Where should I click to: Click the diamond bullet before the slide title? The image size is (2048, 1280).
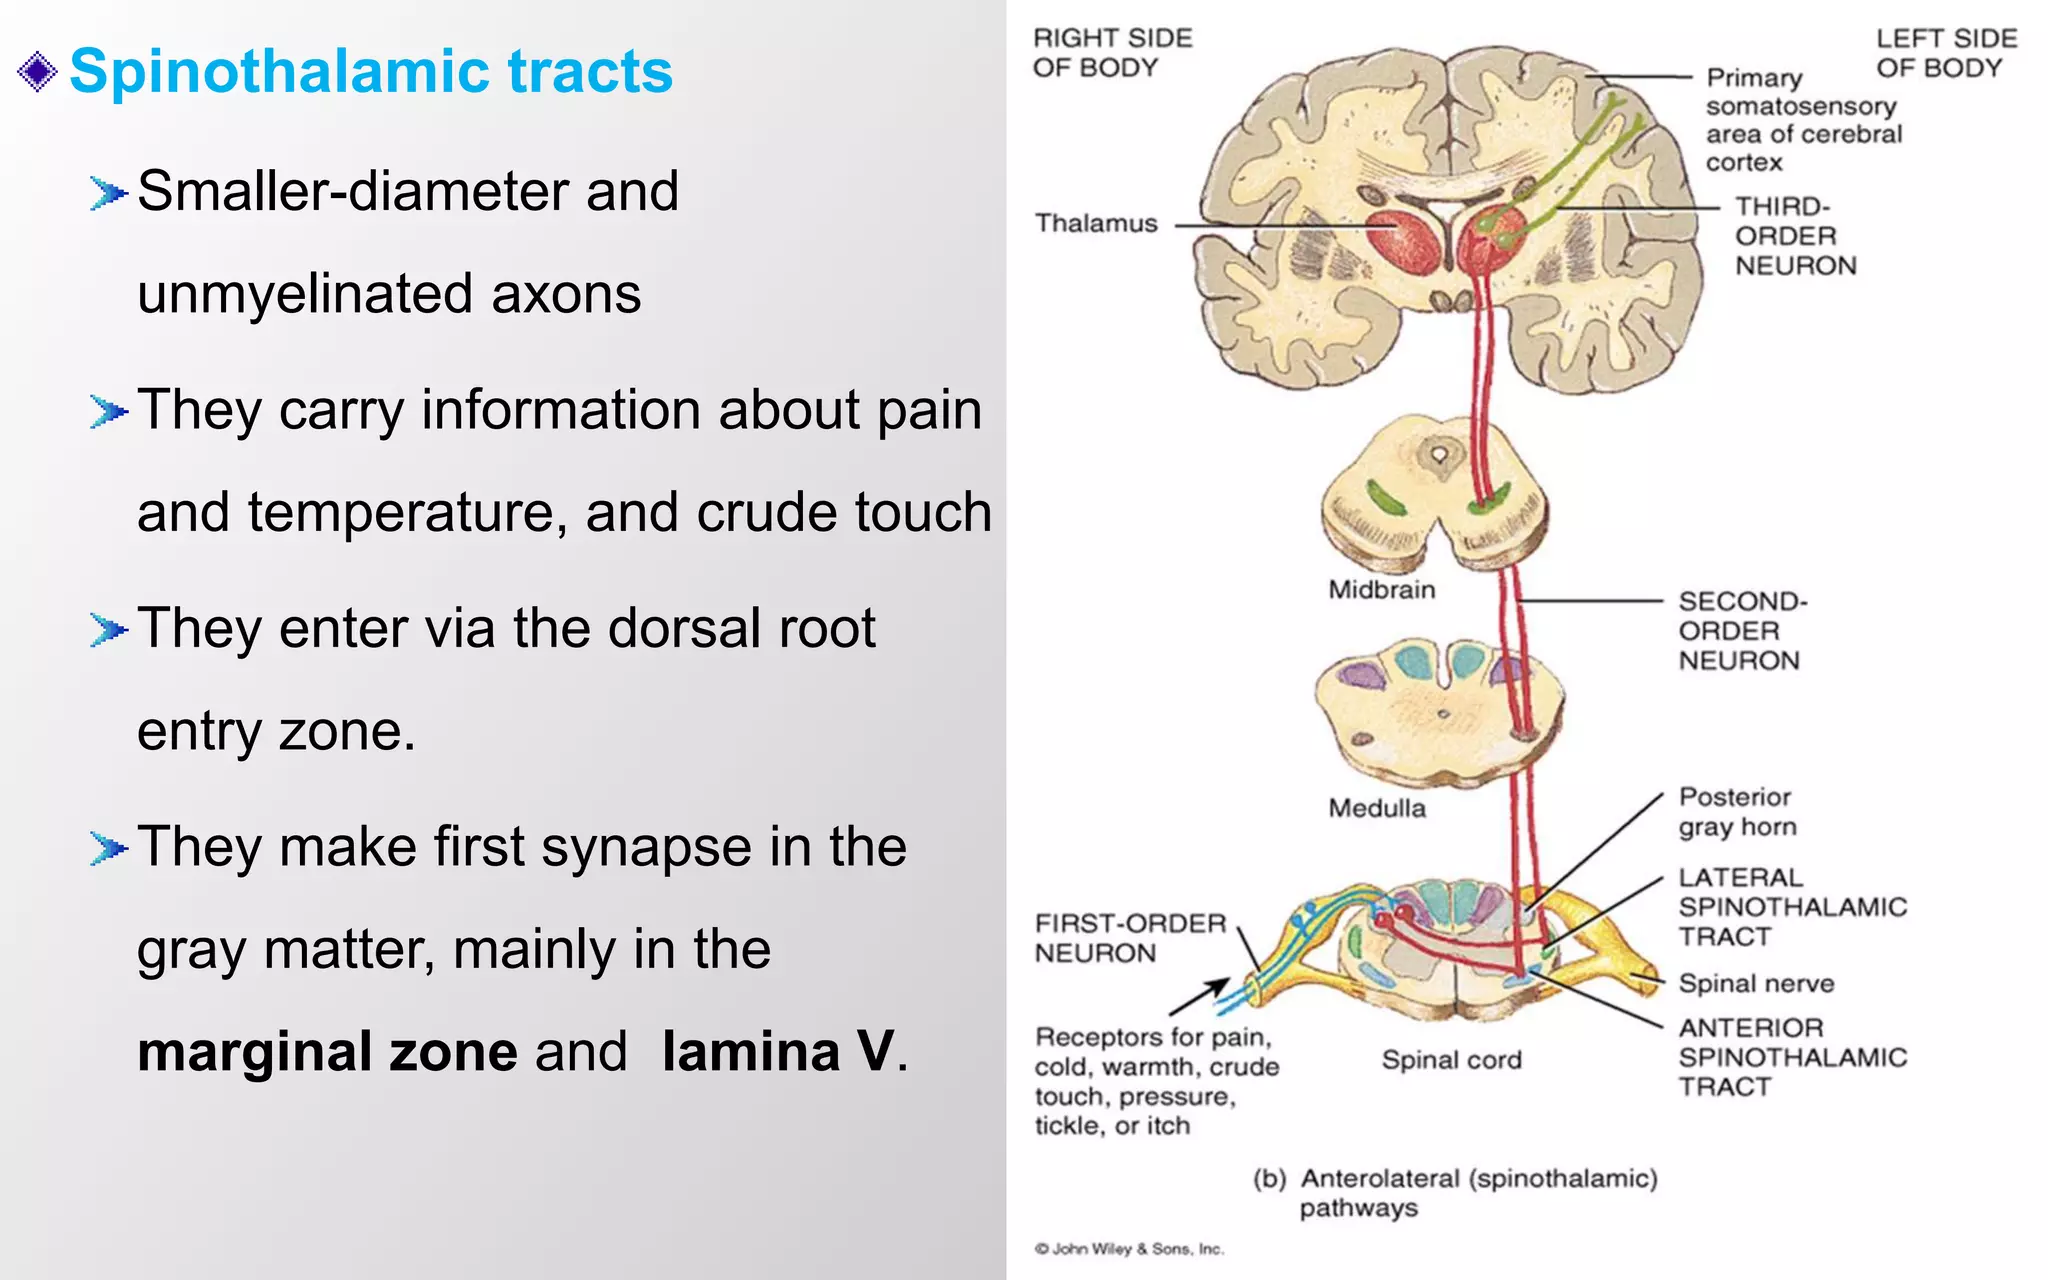point(38,72)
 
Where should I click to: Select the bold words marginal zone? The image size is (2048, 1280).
point(327,1051)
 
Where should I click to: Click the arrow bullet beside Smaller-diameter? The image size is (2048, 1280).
point(108,192)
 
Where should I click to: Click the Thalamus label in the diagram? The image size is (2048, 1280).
point(1095,223)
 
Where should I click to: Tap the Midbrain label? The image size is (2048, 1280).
point(1381,590)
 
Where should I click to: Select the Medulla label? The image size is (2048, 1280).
point(1376,808)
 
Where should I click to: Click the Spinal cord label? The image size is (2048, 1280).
point(1451,1060)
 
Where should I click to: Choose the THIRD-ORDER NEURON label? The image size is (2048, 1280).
point(1794,236)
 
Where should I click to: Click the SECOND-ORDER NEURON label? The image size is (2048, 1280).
point(1741,631)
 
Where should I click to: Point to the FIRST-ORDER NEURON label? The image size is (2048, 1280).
point(1129,938)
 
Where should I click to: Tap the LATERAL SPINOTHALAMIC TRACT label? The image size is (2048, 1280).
point(1791,907)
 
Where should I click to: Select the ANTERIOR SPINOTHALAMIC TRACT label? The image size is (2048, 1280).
point(1791,1057)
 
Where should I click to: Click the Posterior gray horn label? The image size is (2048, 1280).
point(1736,812)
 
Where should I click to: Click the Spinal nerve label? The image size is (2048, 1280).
point(1755,983)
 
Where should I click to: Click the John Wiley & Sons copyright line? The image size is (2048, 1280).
point(1128,1249)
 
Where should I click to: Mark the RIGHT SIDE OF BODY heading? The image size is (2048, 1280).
point(1111,53)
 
